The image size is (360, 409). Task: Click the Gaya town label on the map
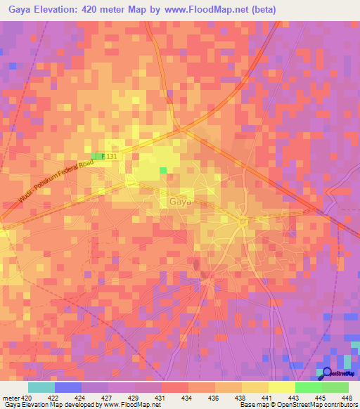pos(181,202)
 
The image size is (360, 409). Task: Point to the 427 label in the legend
pos(108,398)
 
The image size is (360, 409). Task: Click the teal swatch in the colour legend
pos(41,387)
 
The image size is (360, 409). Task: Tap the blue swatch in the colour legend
pos(68,387)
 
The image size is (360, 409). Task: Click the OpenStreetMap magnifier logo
pos(324,373)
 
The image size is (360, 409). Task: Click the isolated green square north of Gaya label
pos(164,170)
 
